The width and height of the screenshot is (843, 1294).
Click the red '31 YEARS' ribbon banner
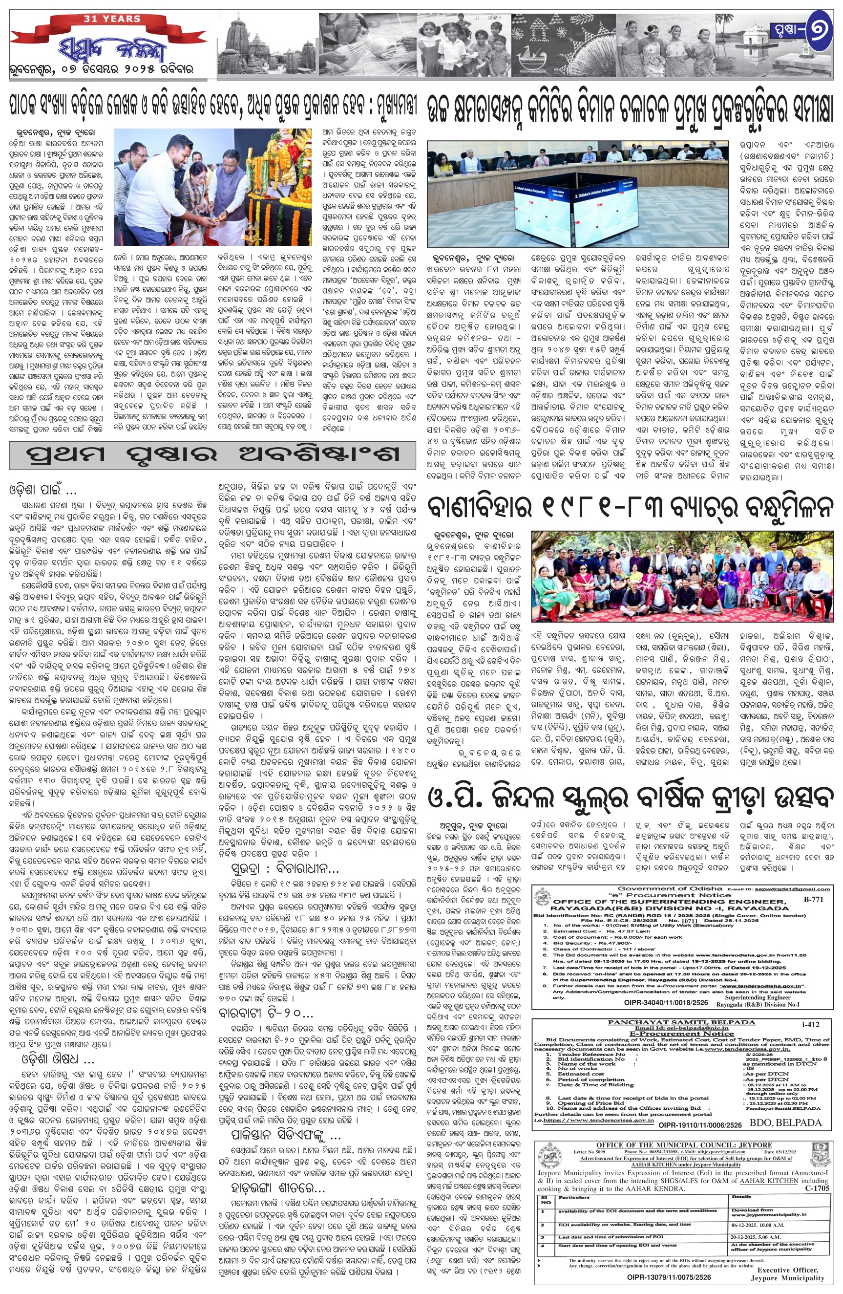point(112,19)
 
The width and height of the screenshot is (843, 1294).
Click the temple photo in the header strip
point(266,45)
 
